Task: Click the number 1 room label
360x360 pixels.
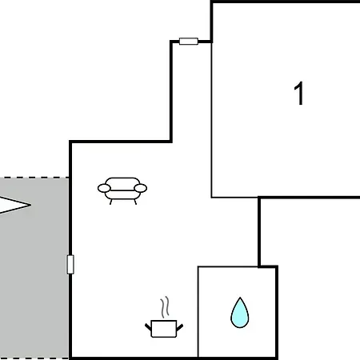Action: [299, 93]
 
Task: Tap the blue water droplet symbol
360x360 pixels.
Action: [240, 314]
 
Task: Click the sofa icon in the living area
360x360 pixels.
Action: [122, 190]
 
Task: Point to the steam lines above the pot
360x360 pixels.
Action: [165, 307]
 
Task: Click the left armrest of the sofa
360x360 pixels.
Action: [104, 188]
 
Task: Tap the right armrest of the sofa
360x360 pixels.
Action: [141, 188]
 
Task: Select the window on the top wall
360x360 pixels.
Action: [189, 42]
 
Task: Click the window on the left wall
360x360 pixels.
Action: [70, 264]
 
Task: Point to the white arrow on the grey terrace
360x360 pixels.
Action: [14, 205]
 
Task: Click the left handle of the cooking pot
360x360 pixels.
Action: [148, 327]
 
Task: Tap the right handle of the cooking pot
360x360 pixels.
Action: [180, 327]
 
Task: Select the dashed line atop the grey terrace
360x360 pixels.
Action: [34, 178]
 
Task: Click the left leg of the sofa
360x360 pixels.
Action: [110, 202]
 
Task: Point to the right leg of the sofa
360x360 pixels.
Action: [135, 202]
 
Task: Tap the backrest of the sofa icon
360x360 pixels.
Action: [122, 181]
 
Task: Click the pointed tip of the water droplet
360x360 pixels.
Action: [240, 298]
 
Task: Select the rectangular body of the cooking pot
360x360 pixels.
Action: [164, 329]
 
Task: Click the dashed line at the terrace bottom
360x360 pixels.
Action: [34, 358]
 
